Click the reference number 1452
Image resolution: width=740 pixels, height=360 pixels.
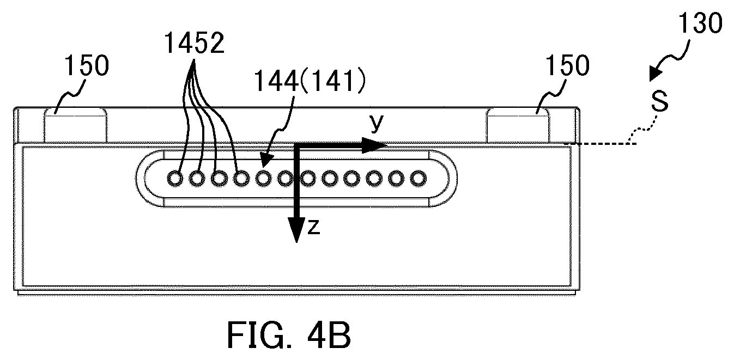[194, 43]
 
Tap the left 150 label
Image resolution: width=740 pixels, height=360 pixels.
[87, 65]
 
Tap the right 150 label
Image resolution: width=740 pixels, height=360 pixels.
[568, 65]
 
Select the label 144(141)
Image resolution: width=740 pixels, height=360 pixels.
[310, 81]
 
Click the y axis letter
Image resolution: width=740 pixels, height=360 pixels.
[377, 123]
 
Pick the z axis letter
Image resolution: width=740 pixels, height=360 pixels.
[313, 228]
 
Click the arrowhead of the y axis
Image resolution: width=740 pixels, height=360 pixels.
[374, 145]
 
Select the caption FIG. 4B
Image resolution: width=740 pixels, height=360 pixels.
[289, 335]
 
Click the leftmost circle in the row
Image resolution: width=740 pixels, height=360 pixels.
[175, 179]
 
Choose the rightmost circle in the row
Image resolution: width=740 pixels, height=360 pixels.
[418, 178]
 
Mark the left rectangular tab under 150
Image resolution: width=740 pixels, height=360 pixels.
[75, 125]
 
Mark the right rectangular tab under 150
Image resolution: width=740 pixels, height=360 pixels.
[518, 125]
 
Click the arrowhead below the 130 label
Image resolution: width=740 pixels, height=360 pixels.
[655, 74]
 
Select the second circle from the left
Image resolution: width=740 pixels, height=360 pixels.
[197, 179]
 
